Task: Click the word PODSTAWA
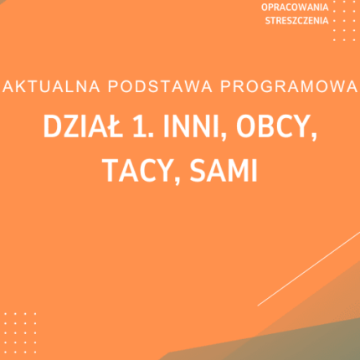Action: click(x=126, y=86)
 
